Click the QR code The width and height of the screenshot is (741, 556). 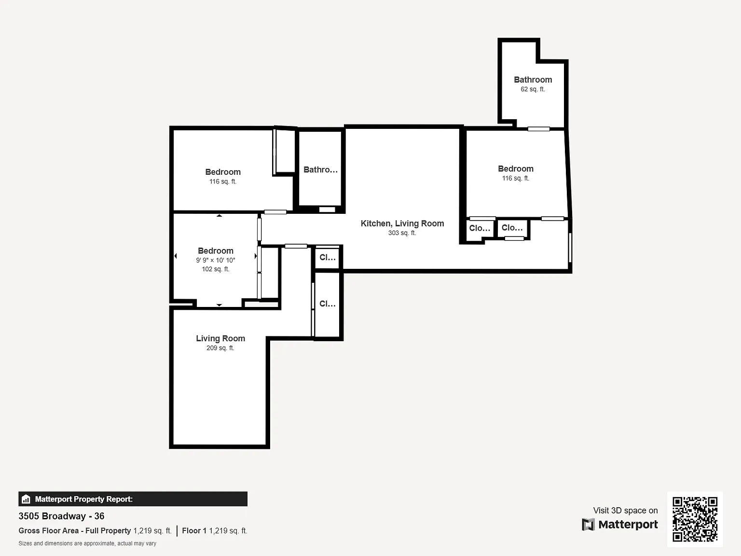point(695,519)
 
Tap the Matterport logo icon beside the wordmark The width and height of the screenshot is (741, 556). point(588,524)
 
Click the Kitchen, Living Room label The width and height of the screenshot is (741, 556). point(402,223)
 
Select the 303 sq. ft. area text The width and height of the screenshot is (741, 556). point(402,233)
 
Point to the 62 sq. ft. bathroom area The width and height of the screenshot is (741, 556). point(533,89)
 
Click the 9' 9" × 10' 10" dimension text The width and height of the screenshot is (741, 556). point(215,260)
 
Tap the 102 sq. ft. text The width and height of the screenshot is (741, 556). point(215,269)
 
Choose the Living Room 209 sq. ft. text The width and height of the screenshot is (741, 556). point(220,347)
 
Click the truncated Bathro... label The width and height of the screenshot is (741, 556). point(320,169)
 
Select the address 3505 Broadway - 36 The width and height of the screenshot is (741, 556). point(61,516)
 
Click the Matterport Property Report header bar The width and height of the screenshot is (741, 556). point(133,499)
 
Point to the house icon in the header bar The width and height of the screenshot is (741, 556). point(26,499)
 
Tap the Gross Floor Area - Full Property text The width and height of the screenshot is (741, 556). point(75,531)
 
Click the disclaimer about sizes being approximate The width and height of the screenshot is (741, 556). point(87,543)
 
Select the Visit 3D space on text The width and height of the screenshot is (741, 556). point(625,511)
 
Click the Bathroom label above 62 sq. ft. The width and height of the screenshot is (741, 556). point(533,80)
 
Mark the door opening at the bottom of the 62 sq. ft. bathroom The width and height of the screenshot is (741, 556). point(538,129)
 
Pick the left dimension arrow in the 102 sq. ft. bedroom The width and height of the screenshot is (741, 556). point(176,256)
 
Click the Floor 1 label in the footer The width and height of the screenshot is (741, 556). point(194,531)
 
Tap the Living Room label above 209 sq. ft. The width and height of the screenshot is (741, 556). point(220,338)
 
